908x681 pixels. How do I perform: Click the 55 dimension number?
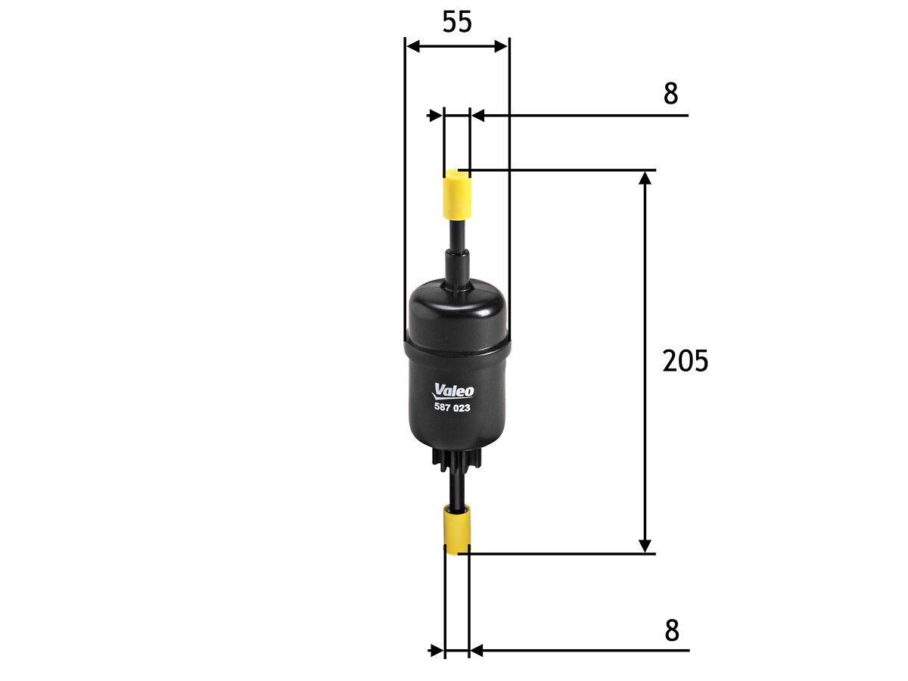pos(457,22)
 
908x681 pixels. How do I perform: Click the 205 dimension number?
pos(685,361)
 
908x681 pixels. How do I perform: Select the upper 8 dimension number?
pos(670,93)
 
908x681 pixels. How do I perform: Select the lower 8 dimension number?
pos(672,630)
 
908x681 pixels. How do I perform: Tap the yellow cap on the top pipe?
pos(457,194)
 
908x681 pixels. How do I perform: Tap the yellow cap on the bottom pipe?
pos(457,530)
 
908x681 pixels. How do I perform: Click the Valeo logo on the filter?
pos(453,390)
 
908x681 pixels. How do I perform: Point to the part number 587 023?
pos(452,407)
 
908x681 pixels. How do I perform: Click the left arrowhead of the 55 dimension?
pos(413,46)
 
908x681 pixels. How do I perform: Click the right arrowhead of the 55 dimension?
pos(501,46)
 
